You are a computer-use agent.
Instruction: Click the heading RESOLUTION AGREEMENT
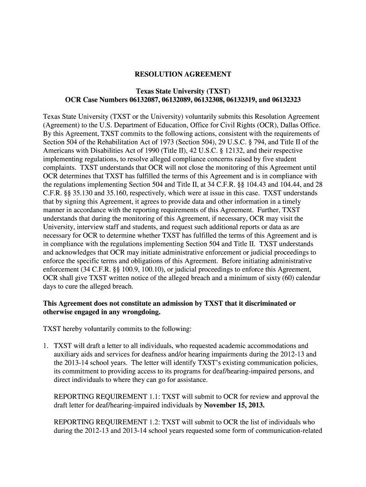tap(183, 75)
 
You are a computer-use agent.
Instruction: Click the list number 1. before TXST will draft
tap(46, 346)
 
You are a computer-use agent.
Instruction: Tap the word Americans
tap(60, 151)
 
